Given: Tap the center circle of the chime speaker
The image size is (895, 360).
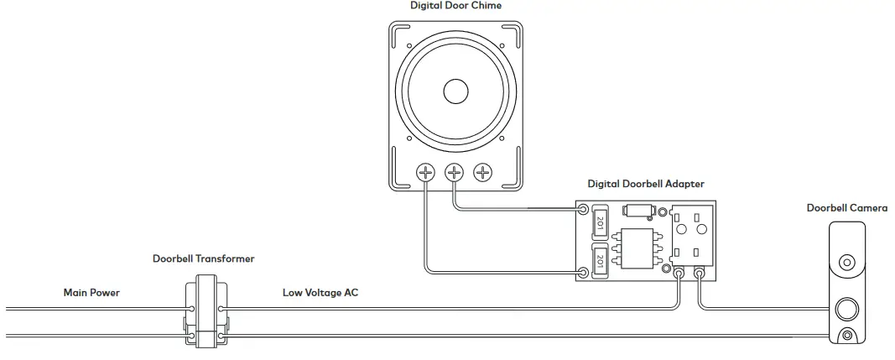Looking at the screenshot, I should (x=455, y=91).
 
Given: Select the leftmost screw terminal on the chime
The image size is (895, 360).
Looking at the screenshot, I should (x=426, y=173).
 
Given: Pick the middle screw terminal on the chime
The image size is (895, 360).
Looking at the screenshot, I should (x=454, y=173).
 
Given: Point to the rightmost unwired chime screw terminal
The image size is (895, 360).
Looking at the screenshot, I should (x=482, y=173).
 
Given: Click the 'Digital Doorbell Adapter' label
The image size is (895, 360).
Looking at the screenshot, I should (x=645, y=184).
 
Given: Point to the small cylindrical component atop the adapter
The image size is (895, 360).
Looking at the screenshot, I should (x=639, y=211).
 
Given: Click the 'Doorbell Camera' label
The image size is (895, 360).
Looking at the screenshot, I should (x=846, y=208).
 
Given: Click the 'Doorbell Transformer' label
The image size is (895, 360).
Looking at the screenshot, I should (x=203, y=259).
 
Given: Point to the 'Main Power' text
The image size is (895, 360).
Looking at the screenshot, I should (x=91, y=293).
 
